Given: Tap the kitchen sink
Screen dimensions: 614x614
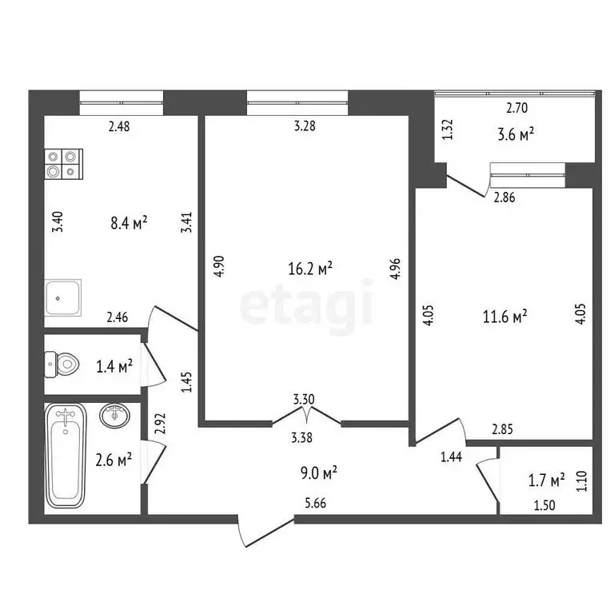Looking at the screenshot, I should pyautogui.click(x=63, y=297).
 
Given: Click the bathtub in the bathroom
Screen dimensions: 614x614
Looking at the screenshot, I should pyautogui.click(x=66, y=455).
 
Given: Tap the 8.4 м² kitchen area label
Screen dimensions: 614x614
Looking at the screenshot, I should pyautogui.click(x=127, y=224).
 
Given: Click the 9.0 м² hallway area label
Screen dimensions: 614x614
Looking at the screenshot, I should pyautogui.click(x=317, y=472).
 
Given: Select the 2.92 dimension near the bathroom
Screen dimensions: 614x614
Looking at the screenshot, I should pyautogui.click(x=158, y=423).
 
